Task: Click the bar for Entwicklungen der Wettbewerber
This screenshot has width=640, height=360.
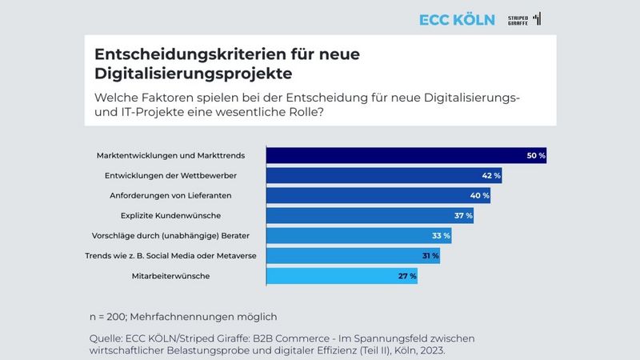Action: coord(383,175)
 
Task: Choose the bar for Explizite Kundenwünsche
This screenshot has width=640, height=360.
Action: coord(369,216)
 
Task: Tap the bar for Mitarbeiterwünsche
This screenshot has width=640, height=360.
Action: coord(341,277)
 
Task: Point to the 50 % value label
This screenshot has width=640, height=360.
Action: coord(535,155)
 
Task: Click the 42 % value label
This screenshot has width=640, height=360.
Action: coord(491,175)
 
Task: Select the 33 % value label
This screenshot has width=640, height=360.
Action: coord(441,236)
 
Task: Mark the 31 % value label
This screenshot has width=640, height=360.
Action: coord(430,256)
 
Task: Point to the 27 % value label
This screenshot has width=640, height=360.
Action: coord(407,277)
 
